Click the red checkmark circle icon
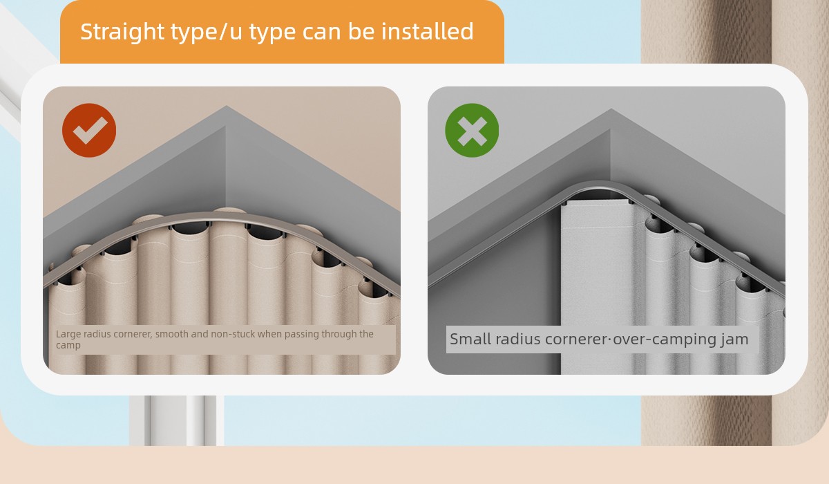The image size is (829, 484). (x=89, y=131)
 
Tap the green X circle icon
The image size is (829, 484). (x=472, y=131)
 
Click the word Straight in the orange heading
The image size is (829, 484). (x=122, y=32)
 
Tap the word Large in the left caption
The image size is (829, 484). (x=68, y=335)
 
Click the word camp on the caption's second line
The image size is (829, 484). (x=68, y=346)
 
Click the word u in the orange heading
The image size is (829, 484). (x=236, y=32)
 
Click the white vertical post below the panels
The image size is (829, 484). (x=177, y=420)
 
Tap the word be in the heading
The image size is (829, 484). (x=361, y=31)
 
